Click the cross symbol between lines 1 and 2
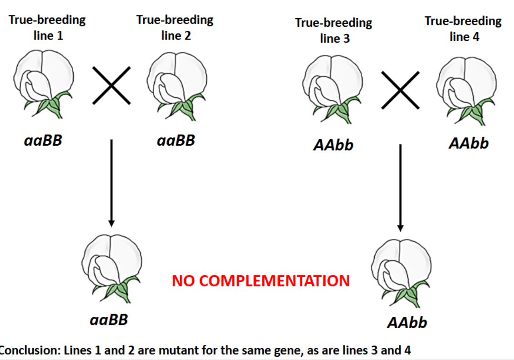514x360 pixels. (111, 85)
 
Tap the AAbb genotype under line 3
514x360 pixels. (333, 146)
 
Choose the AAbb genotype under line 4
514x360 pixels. (469, 143)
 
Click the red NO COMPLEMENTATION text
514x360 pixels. (261, 281)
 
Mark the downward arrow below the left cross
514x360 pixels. (111, 182)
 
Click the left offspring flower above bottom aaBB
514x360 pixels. (111, 264)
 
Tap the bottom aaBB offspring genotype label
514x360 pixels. (109, 319)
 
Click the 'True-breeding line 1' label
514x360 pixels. (47, 27)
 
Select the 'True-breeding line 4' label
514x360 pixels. (463, 29)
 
